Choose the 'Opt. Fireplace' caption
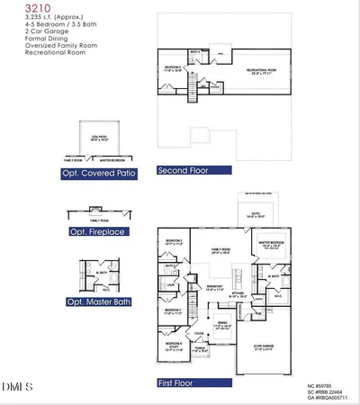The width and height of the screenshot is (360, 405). [94, 230]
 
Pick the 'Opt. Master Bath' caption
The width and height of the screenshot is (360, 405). [97, 305]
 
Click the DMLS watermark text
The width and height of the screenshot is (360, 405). [17, 388]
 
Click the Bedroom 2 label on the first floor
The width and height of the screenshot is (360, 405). [175, 242]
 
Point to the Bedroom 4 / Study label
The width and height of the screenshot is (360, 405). [175, 345]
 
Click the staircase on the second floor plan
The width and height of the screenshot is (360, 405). [192, 88]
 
